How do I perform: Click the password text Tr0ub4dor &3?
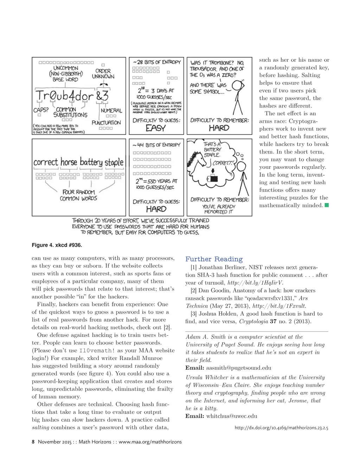point(72,95)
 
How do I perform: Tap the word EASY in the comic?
point(156,128)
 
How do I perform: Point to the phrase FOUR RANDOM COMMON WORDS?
point(78,195)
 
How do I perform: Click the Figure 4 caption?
point(57,245)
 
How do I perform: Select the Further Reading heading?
point(214,259)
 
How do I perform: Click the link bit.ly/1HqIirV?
point(255,283)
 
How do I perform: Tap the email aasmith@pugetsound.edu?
point(238,368)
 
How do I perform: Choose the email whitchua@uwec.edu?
point(231,416)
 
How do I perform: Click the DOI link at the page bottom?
point(281,428)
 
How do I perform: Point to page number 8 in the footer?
point(33,442)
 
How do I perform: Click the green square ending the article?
point(327,205)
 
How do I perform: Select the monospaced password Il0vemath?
point(97,351)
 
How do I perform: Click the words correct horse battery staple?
point(78,162)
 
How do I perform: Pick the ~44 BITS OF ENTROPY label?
point(156,145)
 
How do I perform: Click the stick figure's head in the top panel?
point(238,86)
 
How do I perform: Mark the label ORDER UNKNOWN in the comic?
point(103,74)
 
